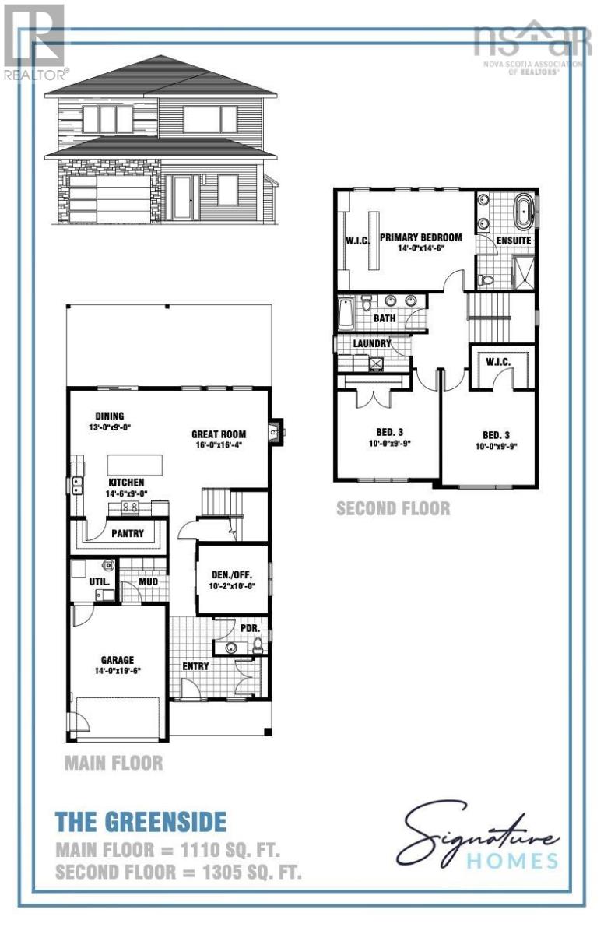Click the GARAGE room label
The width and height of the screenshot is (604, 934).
(117, 660)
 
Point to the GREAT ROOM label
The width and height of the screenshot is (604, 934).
(219, 435)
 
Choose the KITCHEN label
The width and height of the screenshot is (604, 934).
(126, 483)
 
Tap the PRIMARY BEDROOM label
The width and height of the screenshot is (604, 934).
(420, 237)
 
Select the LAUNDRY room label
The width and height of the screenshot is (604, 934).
(371, 343)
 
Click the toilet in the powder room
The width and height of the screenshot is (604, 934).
(258, 644)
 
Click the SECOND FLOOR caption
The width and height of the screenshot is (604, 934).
(392, 508)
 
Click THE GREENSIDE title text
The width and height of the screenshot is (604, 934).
(141, 820)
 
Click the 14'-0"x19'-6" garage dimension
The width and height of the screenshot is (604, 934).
(117, 670)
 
